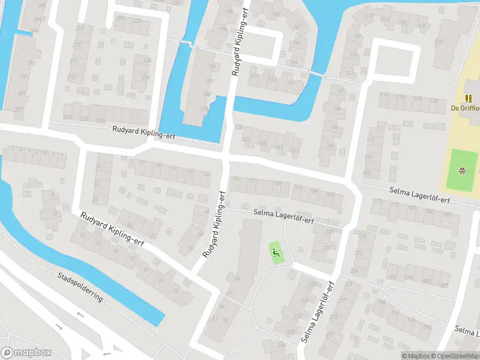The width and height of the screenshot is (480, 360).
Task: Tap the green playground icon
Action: click(276, 253)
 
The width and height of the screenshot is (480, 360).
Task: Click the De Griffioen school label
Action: click(466, 109)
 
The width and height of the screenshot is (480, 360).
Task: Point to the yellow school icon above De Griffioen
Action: click(469, 98)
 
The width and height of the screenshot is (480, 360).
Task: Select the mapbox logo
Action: click(26, 353)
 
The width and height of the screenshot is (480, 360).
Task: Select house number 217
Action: click(77, 45)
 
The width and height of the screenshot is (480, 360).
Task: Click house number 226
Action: click(146, 77)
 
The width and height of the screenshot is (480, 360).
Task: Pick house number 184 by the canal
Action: click(211, 66)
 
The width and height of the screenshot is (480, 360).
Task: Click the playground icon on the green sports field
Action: click(462, 170)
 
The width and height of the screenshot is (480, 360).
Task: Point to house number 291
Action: click(24, 77)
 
